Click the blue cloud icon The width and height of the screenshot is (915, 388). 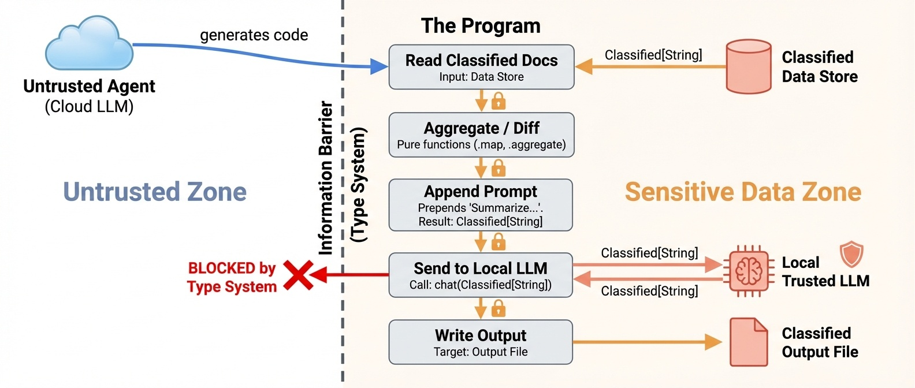[89, 45]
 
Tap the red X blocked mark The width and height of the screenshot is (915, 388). [298, 275]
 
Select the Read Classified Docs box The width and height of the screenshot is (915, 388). [481, 67]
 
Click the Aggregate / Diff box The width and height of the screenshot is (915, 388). [481, 135]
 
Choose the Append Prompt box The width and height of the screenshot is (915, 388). [481, 205]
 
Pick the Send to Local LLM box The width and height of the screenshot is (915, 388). [481, 275]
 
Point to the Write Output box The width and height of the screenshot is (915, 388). [481, 342]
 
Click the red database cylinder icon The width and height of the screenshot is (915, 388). [748, 66]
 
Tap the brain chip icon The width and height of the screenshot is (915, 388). [749, 271]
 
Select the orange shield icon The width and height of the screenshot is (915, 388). [851, 254]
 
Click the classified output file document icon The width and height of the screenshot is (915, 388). [749, 342]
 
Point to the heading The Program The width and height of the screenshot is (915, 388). [481, 26]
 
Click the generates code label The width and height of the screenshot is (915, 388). [254, 35]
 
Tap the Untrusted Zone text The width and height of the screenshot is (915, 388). [155, 192]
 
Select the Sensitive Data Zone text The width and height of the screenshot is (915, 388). [743, 192]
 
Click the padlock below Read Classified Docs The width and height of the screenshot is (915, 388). [499, 102]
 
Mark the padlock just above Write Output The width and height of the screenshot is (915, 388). [499, 309]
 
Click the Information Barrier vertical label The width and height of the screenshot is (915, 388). [326, 178]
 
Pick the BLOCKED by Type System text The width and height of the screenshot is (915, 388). [232, 277]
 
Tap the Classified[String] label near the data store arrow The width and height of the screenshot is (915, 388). [653, 55]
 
